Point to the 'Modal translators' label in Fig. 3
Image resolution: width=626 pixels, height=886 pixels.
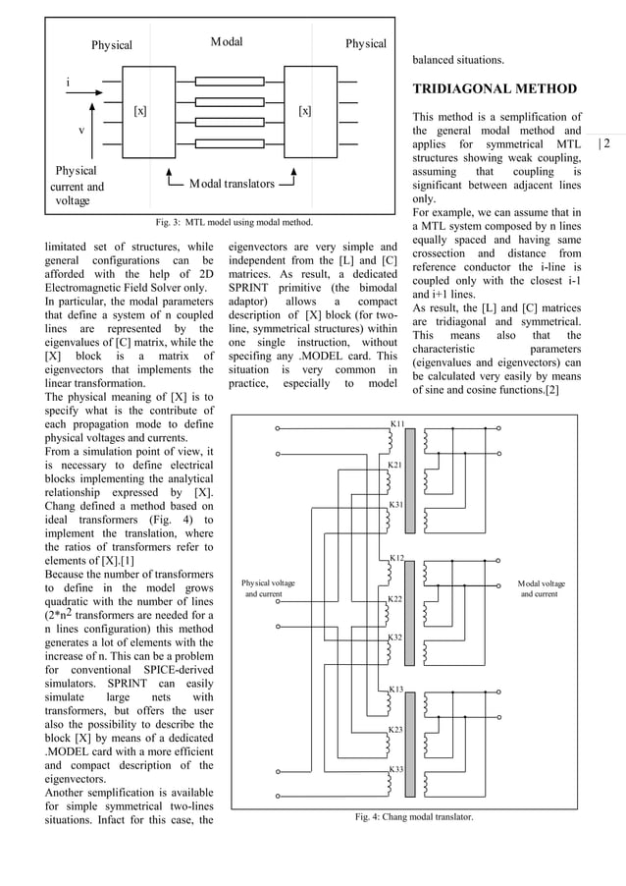coord(232,183)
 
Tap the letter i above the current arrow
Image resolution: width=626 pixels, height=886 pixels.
coord(68,82)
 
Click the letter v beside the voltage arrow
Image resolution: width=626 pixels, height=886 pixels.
coord(80,130)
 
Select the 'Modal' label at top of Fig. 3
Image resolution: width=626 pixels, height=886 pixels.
coord(227,43)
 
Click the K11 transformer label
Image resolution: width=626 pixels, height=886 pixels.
coord(397,423)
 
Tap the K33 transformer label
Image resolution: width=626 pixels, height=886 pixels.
coord(397,768)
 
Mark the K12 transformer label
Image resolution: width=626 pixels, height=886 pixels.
coord(397,558)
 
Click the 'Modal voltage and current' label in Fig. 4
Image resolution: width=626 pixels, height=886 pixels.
coord(541,588)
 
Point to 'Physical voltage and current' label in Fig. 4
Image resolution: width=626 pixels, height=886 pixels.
coord(268,588)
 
